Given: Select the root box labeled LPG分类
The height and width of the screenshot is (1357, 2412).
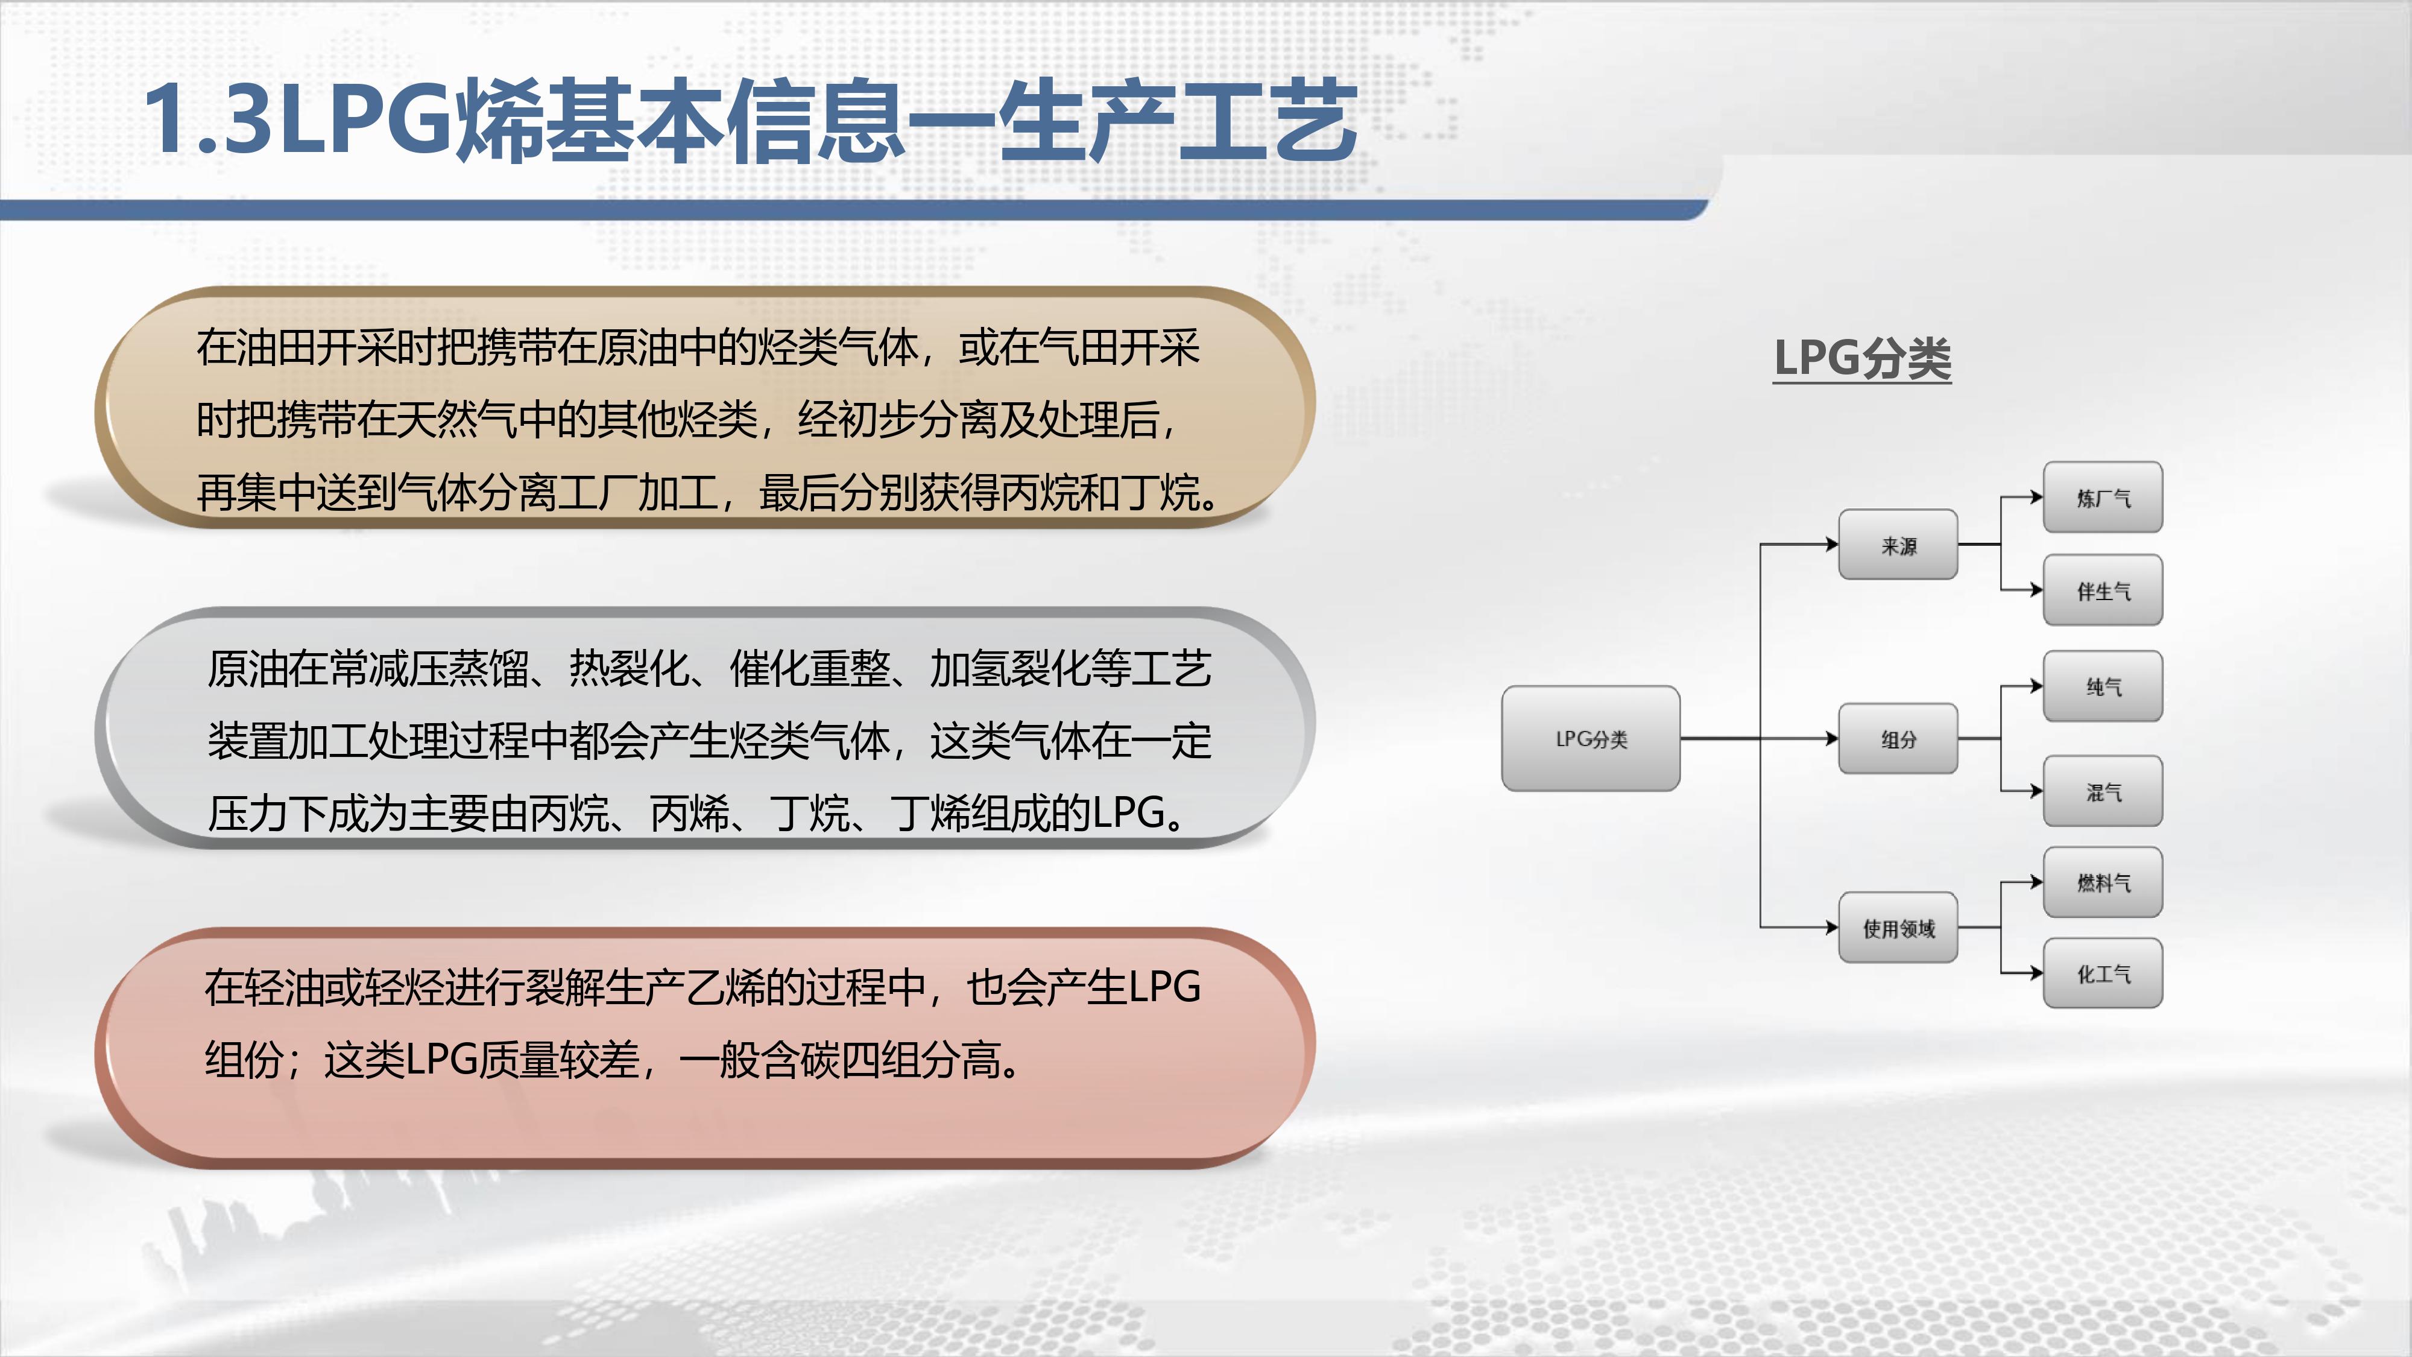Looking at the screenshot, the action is point(1591,738).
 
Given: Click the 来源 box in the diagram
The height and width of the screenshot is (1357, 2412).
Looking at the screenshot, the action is point(1898,545).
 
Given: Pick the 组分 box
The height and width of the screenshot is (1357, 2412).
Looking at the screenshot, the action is point(1898,739).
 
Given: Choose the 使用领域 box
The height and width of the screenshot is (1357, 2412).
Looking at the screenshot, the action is point(1898,928).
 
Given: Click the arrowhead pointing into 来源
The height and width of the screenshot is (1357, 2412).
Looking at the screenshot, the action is point(1833,544).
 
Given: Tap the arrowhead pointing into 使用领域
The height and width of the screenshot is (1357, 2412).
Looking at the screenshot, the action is point(1833,928).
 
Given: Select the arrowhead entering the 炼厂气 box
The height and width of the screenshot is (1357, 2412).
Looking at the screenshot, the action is point(2036,498).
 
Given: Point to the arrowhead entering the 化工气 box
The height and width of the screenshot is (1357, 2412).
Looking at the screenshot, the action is point(2036,973).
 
